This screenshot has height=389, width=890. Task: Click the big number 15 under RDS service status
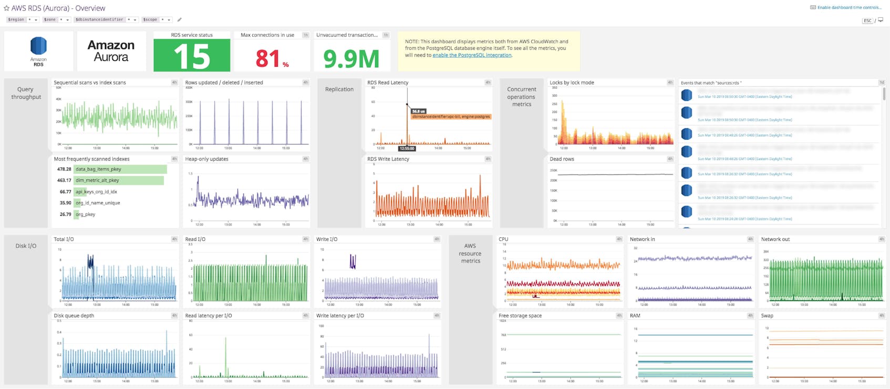pyautogui.click(x=192, y=56)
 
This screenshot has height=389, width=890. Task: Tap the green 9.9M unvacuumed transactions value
pyautogui.click(x=351, y=59)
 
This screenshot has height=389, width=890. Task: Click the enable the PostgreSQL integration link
pyautogui.click(x=471, y=55)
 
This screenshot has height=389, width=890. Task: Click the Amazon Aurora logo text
pyautogui.click(x=111, y=51)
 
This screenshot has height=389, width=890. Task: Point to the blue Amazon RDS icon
pyautogui.click(x=38, y=46)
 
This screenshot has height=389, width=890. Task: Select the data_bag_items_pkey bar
pyautogui.click(x=120, y=169)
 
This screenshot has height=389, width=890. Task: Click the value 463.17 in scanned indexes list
pyautogui.click(x=64, y=180)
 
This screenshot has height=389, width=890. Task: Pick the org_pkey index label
pyautogui.click(x=85, y=214)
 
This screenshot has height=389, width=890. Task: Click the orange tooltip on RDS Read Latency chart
pyautogui.click(x=451, y=117)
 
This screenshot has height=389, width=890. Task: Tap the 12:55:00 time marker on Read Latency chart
pyautogui.click(x=407, y=149)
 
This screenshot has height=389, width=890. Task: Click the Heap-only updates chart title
pyautogui.click(x=206, y=159)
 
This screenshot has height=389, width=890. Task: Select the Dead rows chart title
pyautogui.click(x=562, y=159)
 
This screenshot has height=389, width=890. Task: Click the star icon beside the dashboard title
pyautogui.click(x=6, y=8)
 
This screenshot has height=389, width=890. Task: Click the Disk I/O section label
pyautogui.click(x=26, y=246)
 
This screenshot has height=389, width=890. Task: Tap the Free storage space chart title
pyautogui.click(x=520, y=316)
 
